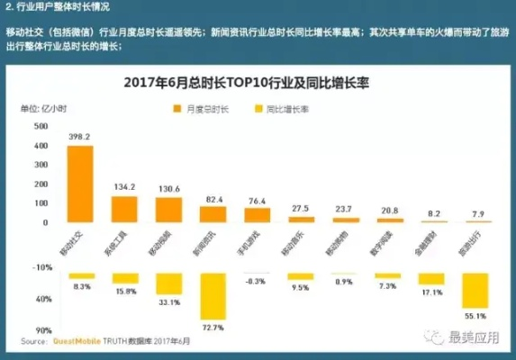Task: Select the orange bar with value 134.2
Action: point(123,209)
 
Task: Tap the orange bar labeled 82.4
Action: point(213,214)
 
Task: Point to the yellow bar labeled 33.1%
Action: point(168,283)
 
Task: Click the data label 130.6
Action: point(168,188)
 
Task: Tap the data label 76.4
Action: point(257,200)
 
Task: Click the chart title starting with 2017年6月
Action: point(253,84)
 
